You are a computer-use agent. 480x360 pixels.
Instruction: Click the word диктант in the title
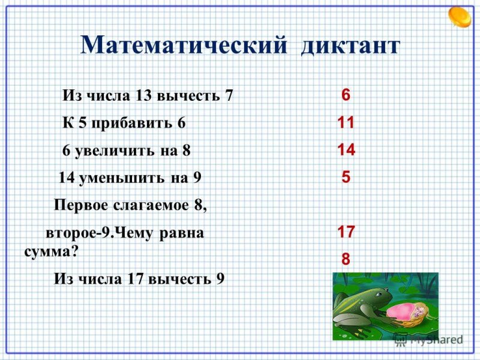pyautogui.click(x=350, y=46)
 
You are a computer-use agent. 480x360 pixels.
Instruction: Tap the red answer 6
pyautogui.click(x=346, y=95)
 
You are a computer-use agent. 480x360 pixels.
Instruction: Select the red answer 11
pyautogui.click(x=346, y=122)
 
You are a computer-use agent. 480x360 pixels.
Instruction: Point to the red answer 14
pyautogui.click(x=346, y=150)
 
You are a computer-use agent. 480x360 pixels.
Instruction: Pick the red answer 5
pyautogui.click(x=346, y=178)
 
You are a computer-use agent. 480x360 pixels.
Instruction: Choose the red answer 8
pyautogui.click(x=346, y=259)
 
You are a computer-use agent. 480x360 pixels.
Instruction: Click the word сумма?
pyautogui.click(x=51, y=251)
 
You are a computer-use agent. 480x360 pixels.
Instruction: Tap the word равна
pyautogui.click(x=182, y=233)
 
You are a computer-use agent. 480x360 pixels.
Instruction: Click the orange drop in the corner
pyautogui.click(x=461, y=16)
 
